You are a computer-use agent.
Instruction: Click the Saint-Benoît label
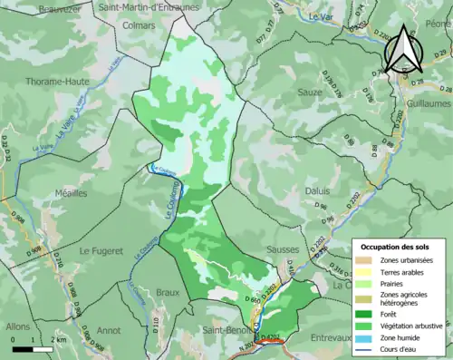click(x=226, y=329)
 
